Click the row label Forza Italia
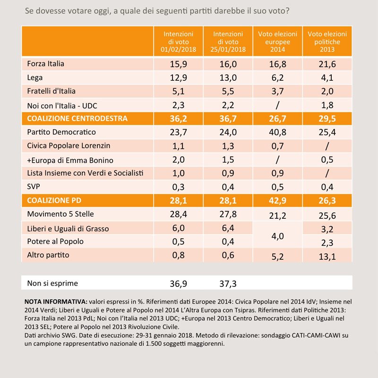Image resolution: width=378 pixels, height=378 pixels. [45, 64]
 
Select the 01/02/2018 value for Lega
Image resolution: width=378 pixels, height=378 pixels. [179, 77]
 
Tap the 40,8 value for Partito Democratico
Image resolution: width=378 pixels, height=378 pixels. [277, 132]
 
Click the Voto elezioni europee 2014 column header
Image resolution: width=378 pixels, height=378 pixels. [277, 42]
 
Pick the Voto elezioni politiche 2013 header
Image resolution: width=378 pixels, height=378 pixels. [327, 42]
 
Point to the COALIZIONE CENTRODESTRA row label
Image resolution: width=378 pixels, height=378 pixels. [77, 119]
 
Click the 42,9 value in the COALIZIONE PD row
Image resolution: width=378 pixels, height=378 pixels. [277, 200]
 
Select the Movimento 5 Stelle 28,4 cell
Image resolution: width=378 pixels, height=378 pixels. [179, 214]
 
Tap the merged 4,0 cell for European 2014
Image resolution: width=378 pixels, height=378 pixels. [277, 236]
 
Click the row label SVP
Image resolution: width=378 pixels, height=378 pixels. [34, 186]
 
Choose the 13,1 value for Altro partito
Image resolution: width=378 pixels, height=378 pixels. [327, 257]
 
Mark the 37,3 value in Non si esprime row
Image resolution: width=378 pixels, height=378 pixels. [228, 284]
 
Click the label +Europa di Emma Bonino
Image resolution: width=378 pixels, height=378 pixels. [70, 160]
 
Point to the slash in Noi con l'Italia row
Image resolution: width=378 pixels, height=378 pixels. [277, 105]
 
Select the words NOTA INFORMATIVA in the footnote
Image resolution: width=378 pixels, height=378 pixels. [56, 301]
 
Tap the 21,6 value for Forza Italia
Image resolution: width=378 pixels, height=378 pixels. [327, 64]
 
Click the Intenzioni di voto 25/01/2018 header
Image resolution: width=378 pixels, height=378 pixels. [228, 42]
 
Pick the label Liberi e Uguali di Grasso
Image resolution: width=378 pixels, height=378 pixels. [68, 229]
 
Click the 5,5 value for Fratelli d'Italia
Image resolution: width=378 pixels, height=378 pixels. [228, 91]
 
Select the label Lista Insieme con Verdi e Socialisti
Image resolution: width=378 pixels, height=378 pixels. [85, 173]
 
